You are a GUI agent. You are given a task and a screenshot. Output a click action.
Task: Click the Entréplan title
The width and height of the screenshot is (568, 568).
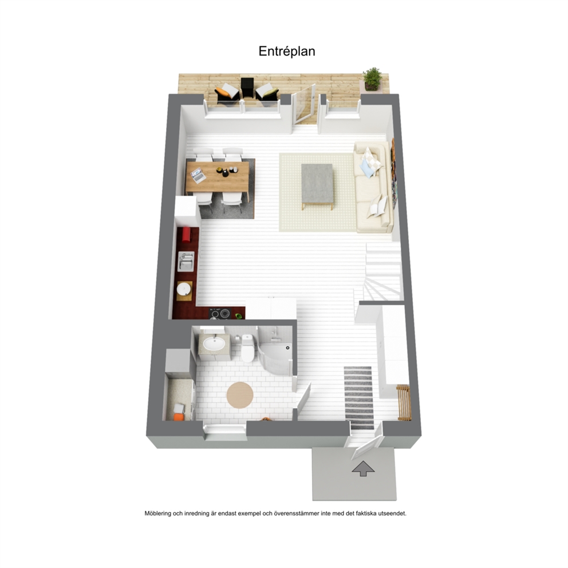pos(286,51)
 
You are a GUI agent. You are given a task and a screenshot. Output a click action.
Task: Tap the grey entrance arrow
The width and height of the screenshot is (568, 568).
pos(364,468)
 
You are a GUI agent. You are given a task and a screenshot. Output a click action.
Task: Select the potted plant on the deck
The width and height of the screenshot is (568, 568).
pos(372,78)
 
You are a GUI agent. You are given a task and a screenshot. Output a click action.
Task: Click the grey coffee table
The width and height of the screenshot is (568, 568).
pos(317,185)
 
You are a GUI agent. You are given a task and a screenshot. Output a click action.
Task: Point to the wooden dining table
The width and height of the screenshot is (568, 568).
pos(218,177)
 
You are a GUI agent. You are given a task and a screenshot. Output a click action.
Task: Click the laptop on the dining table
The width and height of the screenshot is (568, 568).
pos(198,176)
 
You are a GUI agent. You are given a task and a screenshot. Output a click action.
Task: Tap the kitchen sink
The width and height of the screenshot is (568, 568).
pos(186,261)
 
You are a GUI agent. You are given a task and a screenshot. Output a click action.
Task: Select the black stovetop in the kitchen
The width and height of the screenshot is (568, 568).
pos(220,314)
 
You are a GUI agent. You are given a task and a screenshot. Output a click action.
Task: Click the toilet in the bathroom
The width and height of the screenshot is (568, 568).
pos(247,348)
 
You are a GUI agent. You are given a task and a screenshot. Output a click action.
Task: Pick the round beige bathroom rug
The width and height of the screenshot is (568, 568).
pos(240,395)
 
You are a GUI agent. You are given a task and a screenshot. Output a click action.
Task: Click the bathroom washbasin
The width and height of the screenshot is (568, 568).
pos(214,344)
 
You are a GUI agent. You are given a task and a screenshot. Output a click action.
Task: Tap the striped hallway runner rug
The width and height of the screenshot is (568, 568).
pos(358,397)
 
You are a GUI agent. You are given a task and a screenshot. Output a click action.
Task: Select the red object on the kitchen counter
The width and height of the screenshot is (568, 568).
pos(186,234)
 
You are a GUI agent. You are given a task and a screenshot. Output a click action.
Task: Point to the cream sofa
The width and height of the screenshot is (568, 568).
pos(374,187)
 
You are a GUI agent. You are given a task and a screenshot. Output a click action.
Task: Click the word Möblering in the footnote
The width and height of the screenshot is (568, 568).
pos(158,513)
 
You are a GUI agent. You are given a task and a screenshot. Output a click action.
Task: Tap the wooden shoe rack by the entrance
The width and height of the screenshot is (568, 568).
pos(404,402)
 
